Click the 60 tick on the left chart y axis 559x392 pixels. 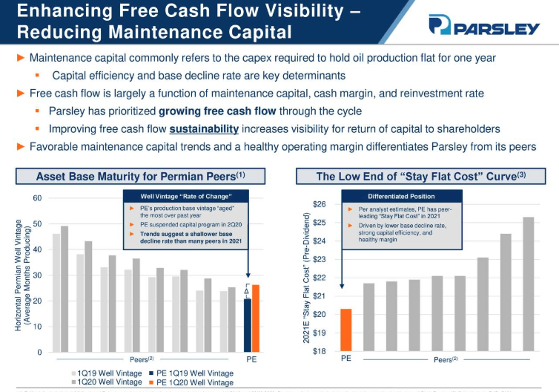click(36, 197)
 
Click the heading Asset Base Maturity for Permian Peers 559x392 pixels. click(140, 177)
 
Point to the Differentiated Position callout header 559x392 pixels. click(400, 197)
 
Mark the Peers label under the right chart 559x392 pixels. click(445, 359)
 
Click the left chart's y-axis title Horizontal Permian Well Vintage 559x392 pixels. click(21, 275)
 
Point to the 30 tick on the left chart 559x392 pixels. click(36, 275)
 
